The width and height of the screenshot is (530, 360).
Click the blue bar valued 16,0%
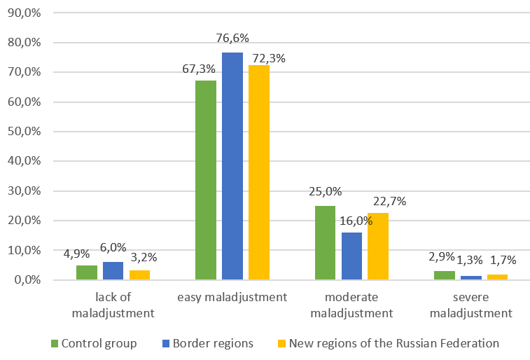tap(351, 256)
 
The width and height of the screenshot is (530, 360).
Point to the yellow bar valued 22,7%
tap(378, 246)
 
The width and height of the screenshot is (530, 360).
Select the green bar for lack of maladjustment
tap(86, 272)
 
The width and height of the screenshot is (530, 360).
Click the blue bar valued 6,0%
tap(113, 270)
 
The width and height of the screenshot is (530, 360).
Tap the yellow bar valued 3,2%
tap(139, 275)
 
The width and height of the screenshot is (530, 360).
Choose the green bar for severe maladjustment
tap(444, 275)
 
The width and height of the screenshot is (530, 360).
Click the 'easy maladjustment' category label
tap(232, 298)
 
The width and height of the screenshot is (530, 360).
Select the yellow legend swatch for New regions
tap(281, 343)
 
